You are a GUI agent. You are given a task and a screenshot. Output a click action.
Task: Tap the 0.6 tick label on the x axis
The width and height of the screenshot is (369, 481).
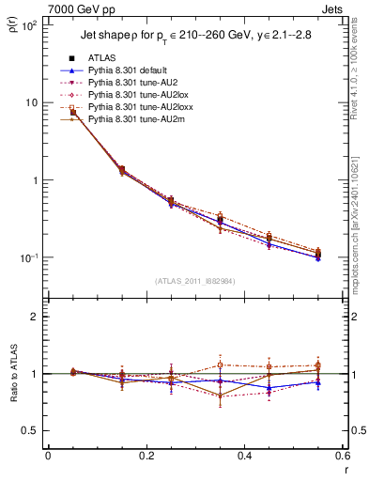pos(344,456)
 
